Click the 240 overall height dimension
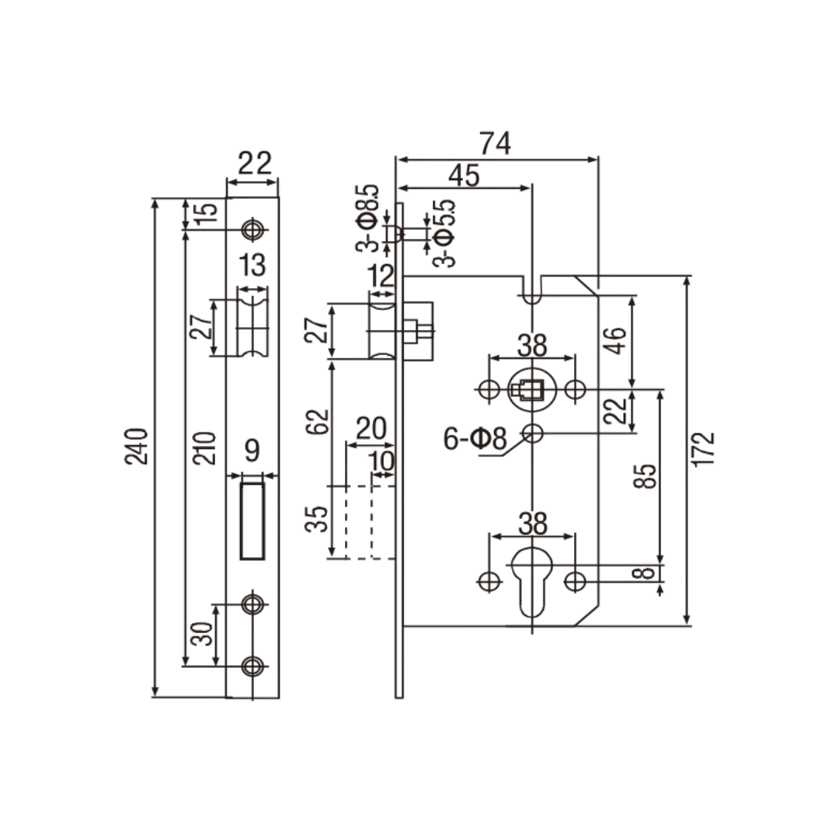pyautogui.click(x=136, y=446)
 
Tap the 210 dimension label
pyautogui.click(x=204, y=448)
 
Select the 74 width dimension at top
pyautogui.click(x=495, y=144)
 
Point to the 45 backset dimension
pyautogui.click(x=464, y=176)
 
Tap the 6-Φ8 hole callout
pyautogui.click(x=475, y=439)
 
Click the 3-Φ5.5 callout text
pyautogui.click(x=444, y=233)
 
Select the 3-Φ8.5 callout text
pyautogui.click(x=367, y=218)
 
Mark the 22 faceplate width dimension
pyautogui.click(x=255, y=163)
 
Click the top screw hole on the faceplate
pyautogui.click(x=252, y=230)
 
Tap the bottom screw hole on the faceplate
pyautogui.click(x=252, y=667)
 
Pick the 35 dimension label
pyautogui.click(x=317, y=519)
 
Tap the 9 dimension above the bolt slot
pyautogui.click(x=252, y=451)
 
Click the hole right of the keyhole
pyautogui.click(x=575, y=581)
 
